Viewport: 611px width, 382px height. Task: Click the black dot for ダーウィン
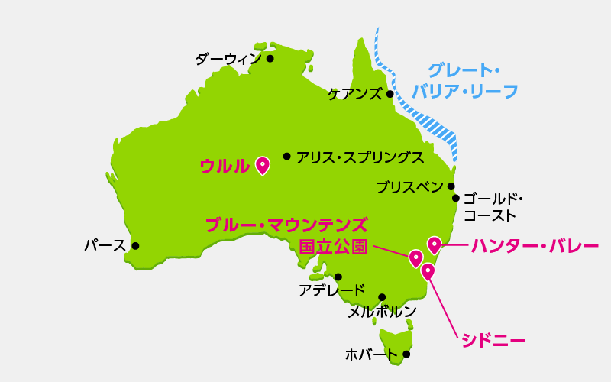pos(270,57)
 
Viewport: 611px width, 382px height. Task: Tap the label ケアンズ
pos(354,95)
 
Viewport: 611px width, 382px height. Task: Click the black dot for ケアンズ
pos(390,95)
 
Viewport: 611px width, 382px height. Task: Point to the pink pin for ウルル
pos(263,165)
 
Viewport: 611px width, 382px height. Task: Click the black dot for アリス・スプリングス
pos(286,156)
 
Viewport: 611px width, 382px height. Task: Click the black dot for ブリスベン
pos(451,186)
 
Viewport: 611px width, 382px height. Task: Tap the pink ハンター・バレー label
pos(535,246)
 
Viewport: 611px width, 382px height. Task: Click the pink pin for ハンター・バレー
pos(434,244)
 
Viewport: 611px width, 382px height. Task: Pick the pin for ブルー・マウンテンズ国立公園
pos(415,258)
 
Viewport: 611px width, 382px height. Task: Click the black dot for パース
pos(135,246)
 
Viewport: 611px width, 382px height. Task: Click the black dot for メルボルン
pos(382,297)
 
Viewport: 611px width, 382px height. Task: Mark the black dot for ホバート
pos(406,354)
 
